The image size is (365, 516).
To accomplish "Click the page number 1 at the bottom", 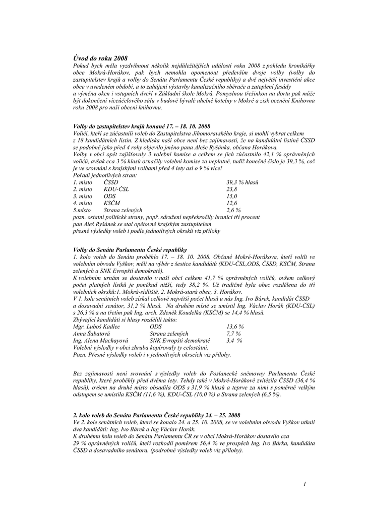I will point(305,484).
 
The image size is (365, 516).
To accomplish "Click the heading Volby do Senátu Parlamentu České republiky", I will point(130,249).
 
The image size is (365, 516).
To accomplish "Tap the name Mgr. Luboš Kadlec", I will point(97,327).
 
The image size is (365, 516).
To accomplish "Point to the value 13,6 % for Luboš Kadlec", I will point(234,327).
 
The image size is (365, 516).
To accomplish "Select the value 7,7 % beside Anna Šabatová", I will point(233,334).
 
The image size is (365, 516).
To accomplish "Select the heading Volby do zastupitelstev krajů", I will point(142,125).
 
